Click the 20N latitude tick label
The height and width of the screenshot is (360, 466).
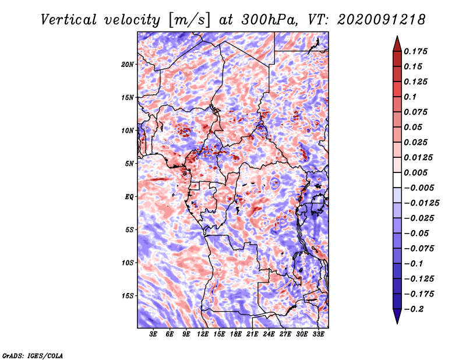(128, 64)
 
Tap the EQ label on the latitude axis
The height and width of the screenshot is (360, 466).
(129, 197)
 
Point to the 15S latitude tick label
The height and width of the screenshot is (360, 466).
(128, 296)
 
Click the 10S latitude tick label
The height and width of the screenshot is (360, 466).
(128, 263)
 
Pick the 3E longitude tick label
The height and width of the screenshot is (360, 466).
(153, 335)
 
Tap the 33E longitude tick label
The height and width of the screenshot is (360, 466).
(318, 335)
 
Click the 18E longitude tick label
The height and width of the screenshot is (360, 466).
(236, 335)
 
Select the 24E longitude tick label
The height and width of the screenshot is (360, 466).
(269, 335)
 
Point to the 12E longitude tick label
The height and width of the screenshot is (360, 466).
(203, 335)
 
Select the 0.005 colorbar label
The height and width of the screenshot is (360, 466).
(417, 172)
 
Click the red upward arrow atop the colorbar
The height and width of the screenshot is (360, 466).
(396, 43)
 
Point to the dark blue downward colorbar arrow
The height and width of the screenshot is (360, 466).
(396, 317)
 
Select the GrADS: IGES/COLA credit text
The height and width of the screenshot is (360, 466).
(32, 355)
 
